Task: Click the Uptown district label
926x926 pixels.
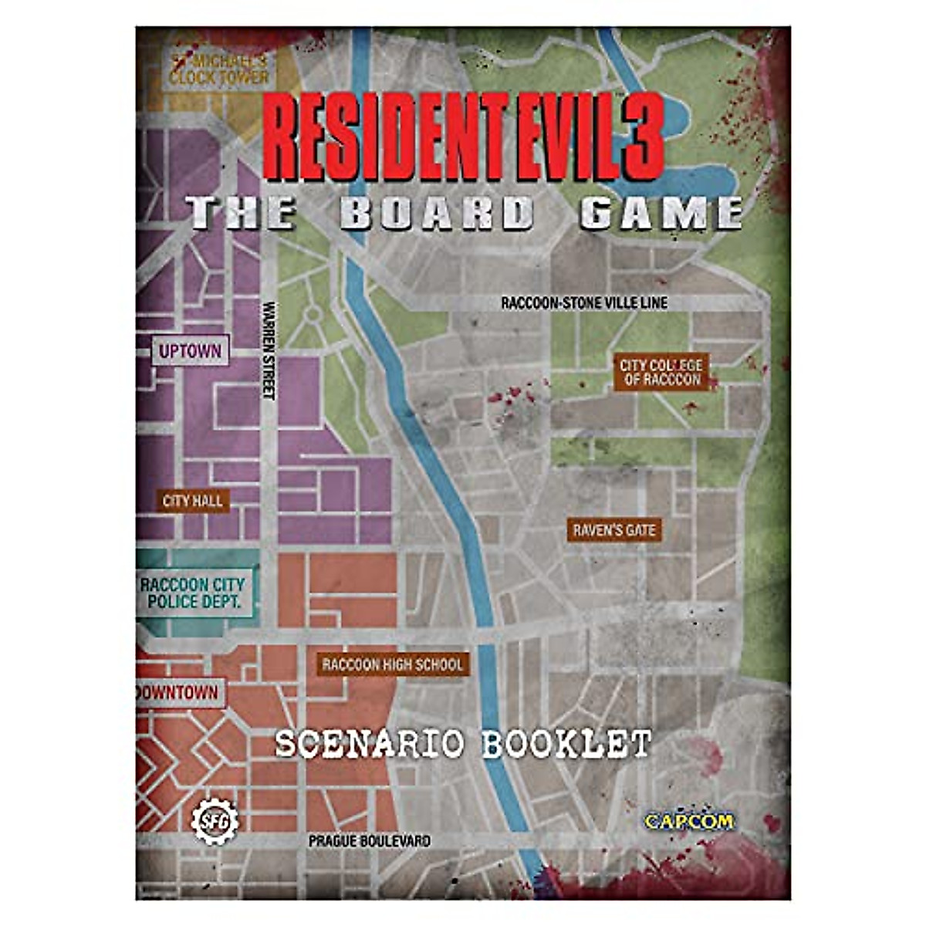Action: tap(190, 352)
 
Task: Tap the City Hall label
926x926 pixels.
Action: tap(193, 502)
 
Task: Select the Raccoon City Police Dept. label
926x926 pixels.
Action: tap(192, 593)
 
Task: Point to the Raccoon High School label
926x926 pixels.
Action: tap(393, 664)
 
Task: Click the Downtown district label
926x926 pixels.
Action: tap(177, 692)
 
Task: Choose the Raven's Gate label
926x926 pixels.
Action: tap(614, 530)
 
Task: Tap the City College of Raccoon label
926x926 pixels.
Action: tap(661, 372)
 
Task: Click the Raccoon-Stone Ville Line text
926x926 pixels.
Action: tap(584, 303)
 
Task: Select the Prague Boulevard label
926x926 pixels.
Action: tap(370, 840)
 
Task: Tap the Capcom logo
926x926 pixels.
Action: tap(689, 821)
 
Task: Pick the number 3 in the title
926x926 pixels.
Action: tap(640, 137)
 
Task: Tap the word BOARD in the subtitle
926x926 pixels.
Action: tap(437, 213)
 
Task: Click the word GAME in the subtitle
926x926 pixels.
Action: tap(661, 213)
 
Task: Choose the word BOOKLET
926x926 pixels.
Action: tap(566, 744)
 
